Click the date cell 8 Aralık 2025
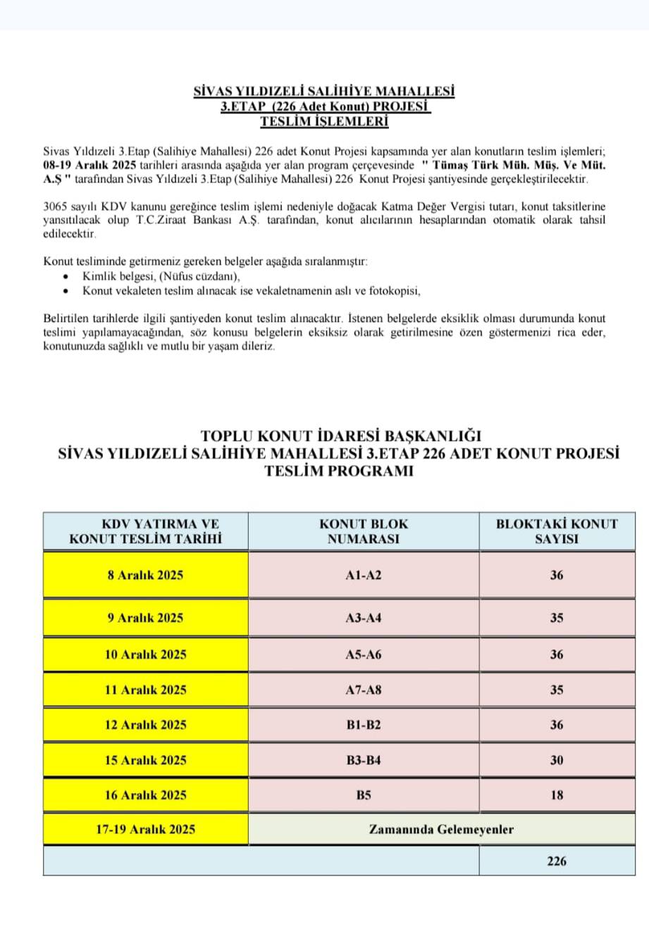coord(145,575)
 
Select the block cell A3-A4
coord(364,618)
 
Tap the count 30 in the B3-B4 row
coord(557,760)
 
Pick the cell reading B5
coord(364,794)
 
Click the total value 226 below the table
coord(557,861)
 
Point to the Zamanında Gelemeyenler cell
coord(441,829)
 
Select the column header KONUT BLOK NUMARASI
coord(364,531)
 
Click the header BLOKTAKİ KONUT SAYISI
coord(557,531)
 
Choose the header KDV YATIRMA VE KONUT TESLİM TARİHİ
coord(146,531)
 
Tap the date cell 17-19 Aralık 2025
coord(146,829)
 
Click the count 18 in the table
coord(557,794)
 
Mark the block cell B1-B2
coord(364,724)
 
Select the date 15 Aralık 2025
coord(146,760)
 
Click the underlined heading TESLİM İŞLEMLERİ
coord(324,121)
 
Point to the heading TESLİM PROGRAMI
coord(339,471)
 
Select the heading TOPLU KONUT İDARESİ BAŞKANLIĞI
coord(341,436)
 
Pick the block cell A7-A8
coord(364,690)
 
